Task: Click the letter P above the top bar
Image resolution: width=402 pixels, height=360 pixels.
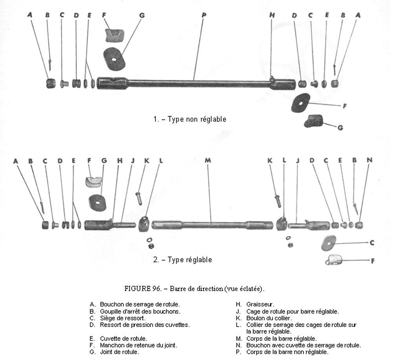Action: (x=204, y=15)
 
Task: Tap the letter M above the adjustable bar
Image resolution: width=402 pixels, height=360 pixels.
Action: (x=208, y=160)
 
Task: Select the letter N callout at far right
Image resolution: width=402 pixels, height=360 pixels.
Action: (x=369, y=160)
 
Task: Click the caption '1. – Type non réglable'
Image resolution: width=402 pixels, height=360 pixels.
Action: (x=190, y=119)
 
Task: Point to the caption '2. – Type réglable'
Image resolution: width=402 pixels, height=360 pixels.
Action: (x=183, y=260)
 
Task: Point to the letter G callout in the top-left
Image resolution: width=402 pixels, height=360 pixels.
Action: (x=142, y=15)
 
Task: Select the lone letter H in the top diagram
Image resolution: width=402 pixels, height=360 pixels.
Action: (x=272, y=15)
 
